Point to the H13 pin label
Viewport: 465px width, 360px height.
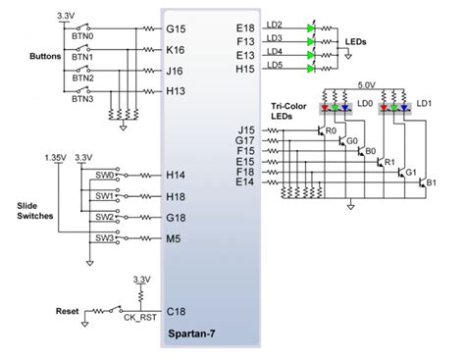point(178,91)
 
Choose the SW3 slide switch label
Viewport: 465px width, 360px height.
point(104,237)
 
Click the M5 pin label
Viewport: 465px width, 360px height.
point(175,236)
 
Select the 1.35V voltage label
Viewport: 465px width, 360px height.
point(56,157)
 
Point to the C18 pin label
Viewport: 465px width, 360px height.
point(178,311)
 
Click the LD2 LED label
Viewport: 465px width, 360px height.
point(275,24)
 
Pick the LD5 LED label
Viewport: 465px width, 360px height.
point(275,65)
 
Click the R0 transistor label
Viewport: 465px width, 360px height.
point(331,129)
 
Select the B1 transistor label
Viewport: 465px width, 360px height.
point(429,182)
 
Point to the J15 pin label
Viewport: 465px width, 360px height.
point(246,129)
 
